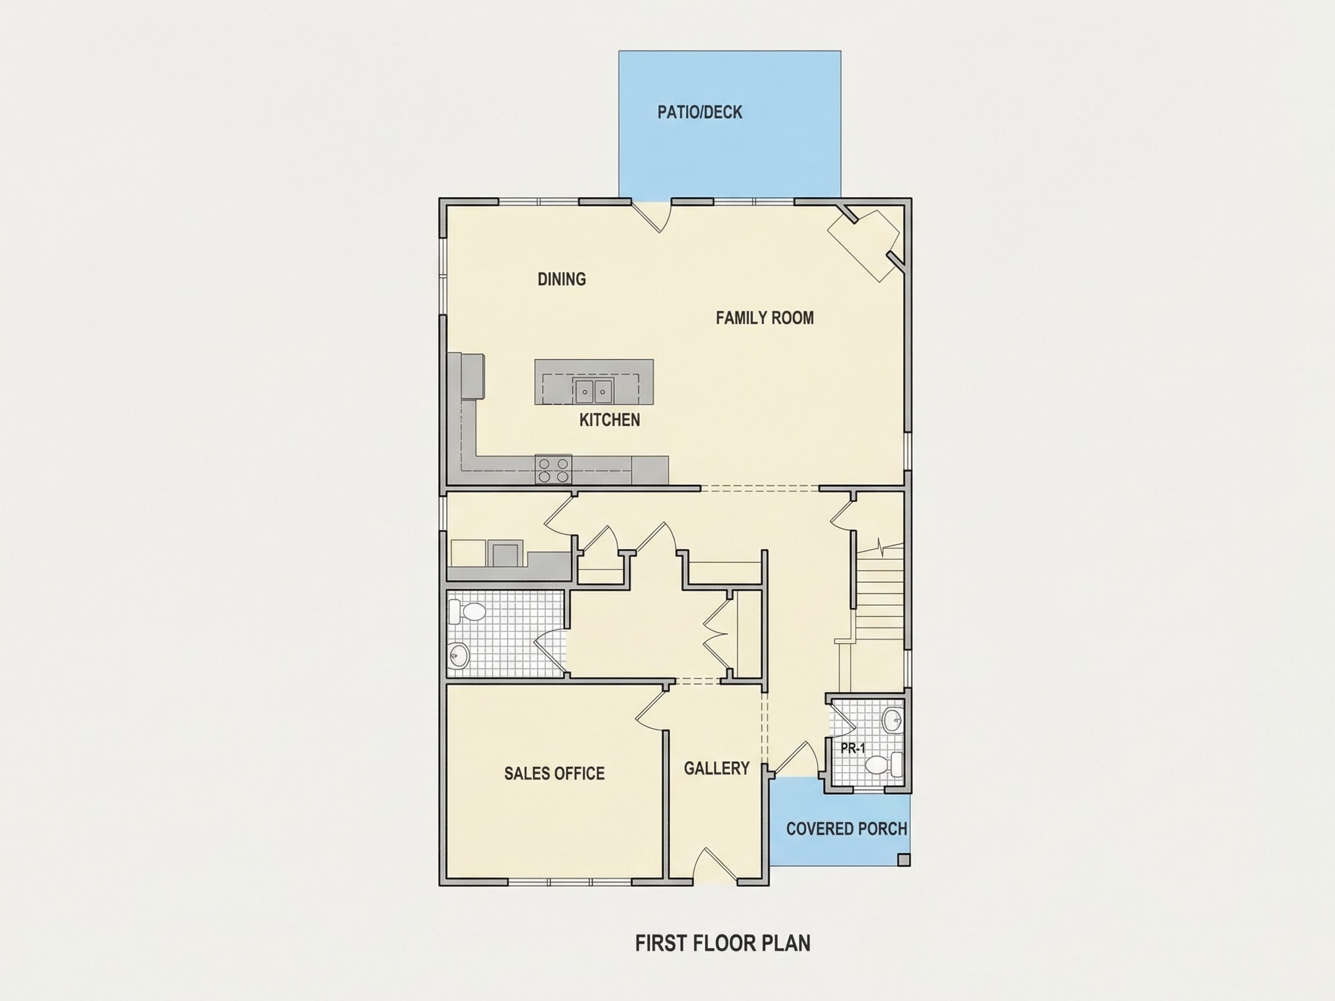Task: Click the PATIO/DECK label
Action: (699, 112)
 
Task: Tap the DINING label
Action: (561, 279)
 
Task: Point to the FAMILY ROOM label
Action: (765, 318)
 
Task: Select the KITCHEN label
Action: (610, 420)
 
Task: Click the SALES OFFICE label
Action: (554, 773)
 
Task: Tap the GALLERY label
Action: (716, 768)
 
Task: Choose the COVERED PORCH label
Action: (846, 829)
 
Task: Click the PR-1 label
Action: (853, 748)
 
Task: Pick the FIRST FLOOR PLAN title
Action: (723, 943)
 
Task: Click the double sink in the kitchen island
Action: (593, 390)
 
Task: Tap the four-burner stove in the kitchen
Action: (553, 470)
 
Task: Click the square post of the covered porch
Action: (903, 860)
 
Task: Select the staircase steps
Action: (880, 604)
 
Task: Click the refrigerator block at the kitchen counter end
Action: (473, 376)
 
